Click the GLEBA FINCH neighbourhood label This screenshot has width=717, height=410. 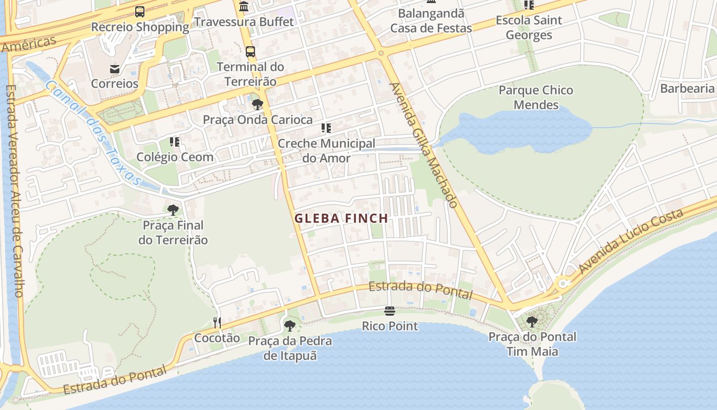pos(341,218)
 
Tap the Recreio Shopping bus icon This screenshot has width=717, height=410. pos(139,12)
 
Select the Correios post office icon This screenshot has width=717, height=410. pos(115,69)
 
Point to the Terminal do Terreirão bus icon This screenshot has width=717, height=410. pos(250,52)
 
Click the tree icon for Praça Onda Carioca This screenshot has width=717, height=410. pos(257,105)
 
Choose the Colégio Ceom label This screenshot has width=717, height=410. pos(175,157)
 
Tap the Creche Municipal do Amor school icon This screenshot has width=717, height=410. pos(326,128)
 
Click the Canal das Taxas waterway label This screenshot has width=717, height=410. pos(92,132)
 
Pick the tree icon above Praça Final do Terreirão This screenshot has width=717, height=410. pos(173,210)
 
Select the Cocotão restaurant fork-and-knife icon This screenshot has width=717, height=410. pos(217,322)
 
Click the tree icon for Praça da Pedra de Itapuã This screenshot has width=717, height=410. pos(290,325)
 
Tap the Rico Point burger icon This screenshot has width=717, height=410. pos(390,311)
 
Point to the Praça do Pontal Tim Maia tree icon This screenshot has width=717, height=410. pos(532,322)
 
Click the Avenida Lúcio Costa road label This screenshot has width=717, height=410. pos(631,242)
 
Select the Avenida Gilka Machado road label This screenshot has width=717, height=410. pos(424,145)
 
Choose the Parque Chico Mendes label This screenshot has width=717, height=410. pos(536,97)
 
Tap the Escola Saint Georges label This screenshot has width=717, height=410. pos(529,28)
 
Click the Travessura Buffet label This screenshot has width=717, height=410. pos(244,22)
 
